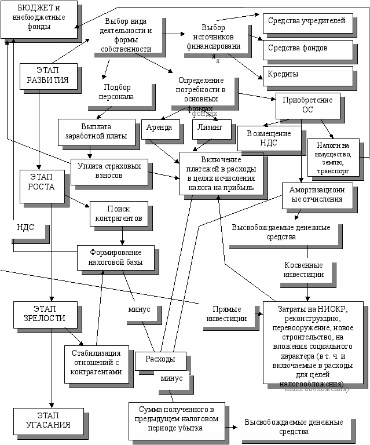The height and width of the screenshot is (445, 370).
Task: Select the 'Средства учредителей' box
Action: coord(306,21)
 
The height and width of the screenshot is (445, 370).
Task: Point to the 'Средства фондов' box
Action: coord(306,49)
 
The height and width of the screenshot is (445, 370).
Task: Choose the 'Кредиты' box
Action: coord(306,75)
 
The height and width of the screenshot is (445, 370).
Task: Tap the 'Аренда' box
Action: coord(160,129)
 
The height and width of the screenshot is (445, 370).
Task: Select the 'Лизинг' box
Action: coord(211,129)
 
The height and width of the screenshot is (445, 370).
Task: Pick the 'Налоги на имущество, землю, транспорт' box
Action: coord(335,158)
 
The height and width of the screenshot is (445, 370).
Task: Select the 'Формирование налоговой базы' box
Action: coord(116,258)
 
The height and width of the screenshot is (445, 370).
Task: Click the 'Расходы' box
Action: coord(160,360)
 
